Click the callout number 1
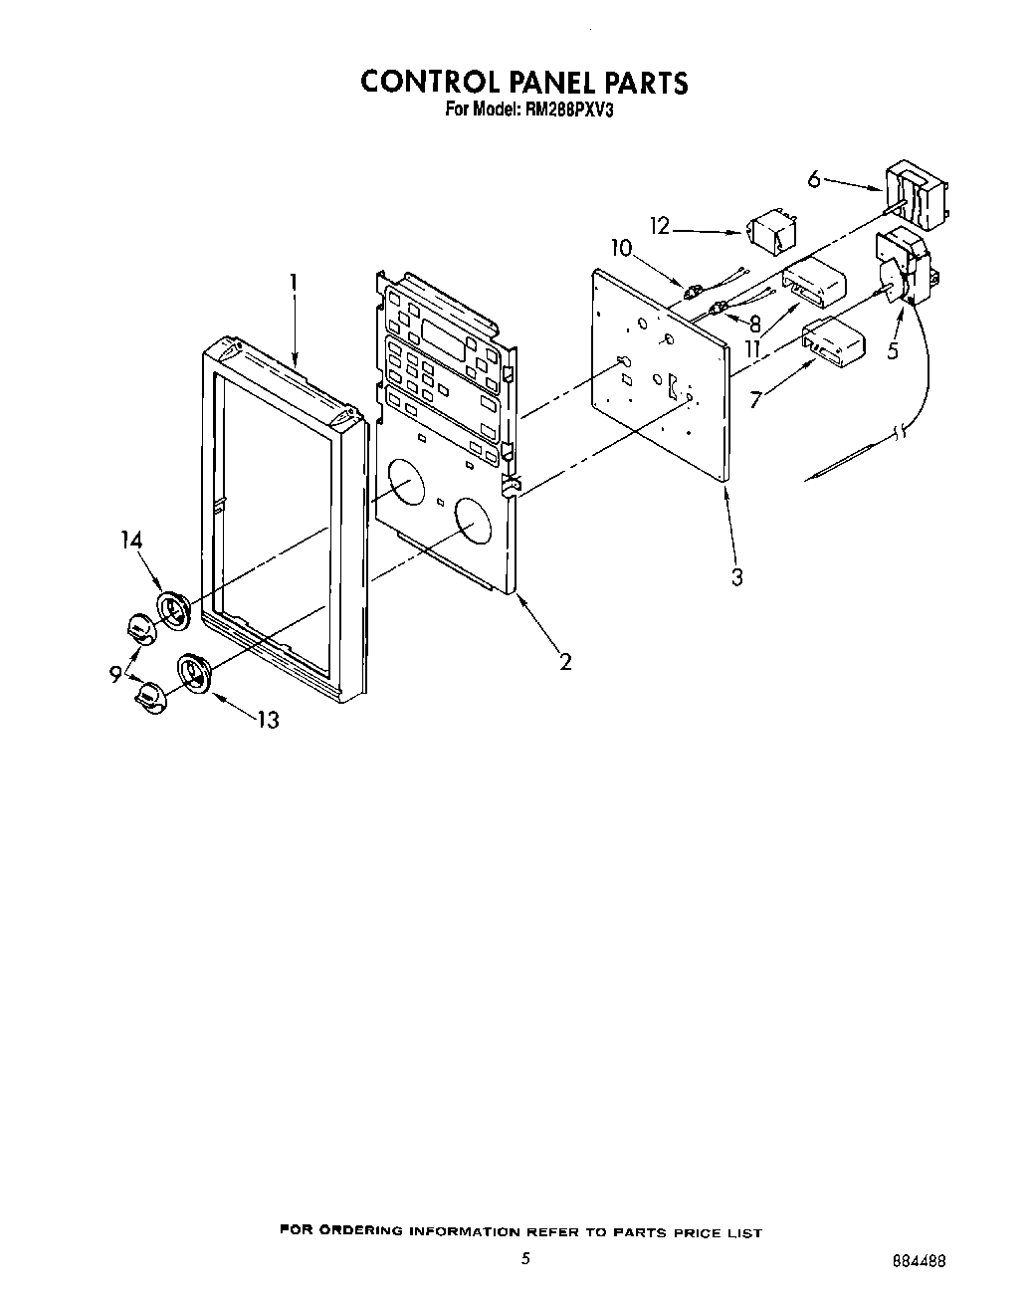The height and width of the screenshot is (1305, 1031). click(x=294, y=284)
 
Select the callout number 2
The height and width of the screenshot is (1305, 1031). click(x=565, y=661)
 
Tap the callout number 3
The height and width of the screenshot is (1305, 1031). click(x=736, y=576)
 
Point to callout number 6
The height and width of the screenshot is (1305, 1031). click(x=814, y=179)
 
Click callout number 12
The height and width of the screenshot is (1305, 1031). click(x=660, y=227)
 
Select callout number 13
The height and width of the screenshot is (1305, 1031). click(x=268, y=719)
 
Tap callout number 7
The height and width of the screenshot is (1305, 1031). click(x=757, y=400)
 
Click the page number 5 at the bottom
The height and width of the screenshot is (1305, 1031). click(x=525, y=1258)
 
